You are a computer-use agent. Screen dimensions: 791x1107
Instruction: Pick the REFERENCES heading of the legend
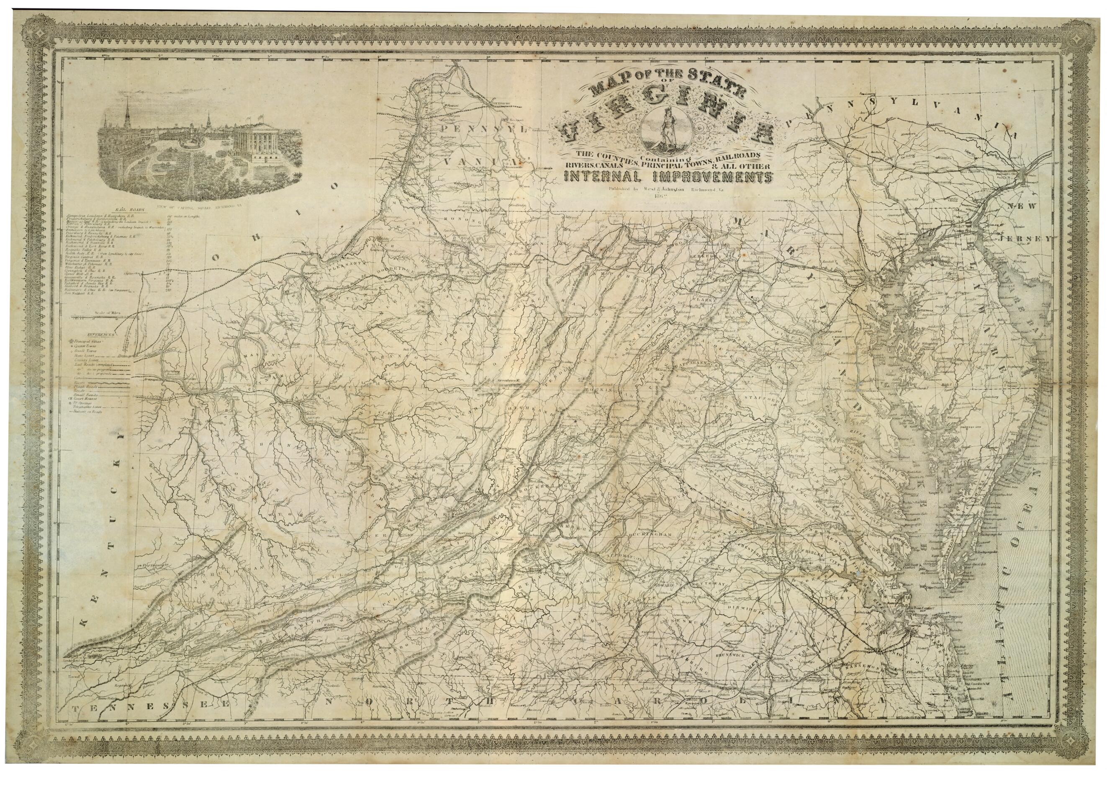[x=101, y=335]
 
